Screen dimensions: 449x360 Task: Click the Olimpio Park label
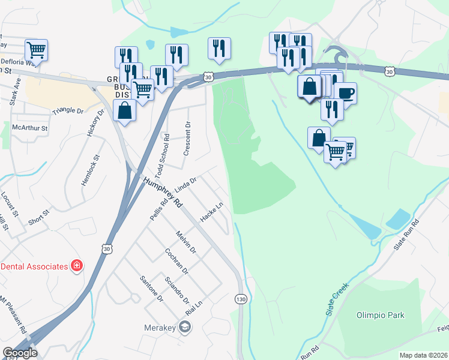pos(381,315)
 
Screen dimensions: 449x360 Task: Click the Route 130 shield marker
pos(241,299)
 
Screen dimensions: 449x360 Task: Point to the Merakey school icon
pos(185,326)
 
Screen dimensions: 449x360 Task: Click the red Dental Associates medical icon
pos(76,265)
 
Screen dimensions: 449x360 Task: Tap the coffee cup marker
pos(346,93)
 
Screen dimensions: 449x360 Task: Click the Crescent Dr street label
pos(187,139)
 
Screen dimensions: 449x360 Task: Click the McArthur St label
pos(30,128)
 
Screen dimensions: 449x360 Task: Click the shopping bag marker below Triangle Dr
pos(124,111)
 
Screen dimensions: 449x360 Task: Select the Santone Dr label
pos(151,288)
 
